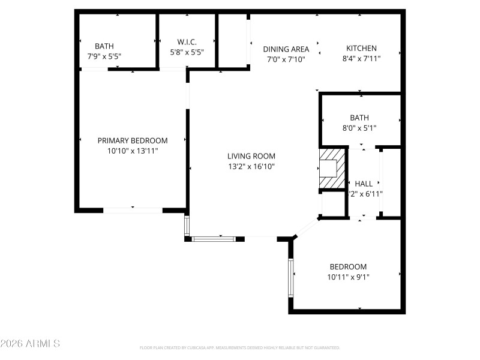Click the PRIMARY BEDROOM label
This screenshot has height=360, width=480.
(x=133, y=140)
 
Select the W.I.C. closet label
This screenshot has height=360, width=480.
(x=187, y=41)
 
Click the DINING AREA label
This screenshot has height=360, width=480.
(x=286, y=49)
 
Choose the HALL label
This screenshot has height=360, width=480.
(x=364, y=184)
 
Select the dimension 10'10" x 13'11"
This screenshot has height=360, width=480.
(x=133, y=151)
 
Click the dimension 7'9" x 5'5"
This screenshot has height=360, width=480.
(x=104, y=56)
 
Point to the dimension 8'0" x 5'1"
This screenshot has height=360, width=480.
(x=359, y=128)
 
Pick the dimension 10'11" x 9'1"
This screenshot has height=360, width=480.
(x=348, y=277)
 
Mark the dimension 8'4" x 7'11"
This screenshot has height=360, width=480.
(x=361, y=59)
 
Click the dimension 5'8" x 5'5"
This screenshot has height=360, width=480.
(x=187, y=52)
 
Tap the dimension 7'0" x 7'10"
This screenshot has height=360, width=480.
(x=286, y=59)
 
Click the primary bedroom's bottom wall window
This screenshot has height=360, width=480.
(x=133, y=210)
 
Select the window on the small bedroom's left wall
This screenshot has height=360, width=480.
(x=290, y=277)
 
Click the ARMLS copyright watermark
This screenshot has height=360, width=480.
(x=30, y=344)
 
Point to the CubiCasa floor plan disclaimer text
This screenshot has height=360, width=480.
(x=239, y=347)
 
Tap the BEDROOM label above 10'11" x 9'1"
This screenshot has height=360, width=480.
(x=348, y=266)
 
